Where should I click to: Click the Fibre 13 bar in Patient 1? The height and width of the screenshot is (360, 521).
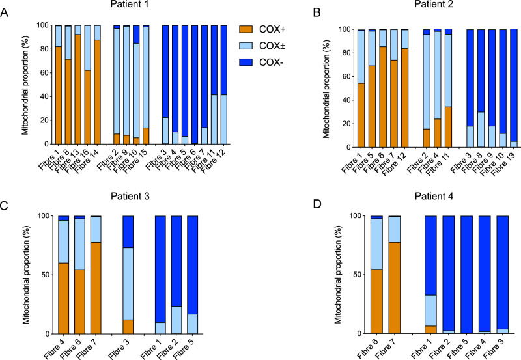click(78, 85)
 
